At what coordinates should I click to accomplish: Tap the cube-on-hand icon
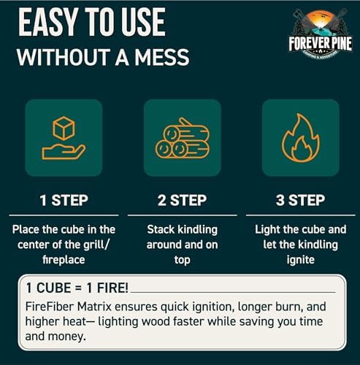coord(64,138)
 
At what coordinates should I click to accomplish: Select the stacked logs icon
coord(183,138)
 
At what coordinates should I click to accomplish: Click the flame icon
coord(301,138)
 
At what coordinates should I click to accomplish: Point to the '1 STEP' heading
coord(64,199)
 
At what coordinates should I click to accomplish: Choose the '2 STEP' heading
coord(183,199)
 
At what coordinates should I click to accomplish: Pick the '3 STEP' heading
coord(300,199)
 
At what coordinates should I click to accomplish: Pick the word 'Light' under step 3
coord(269,229)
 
